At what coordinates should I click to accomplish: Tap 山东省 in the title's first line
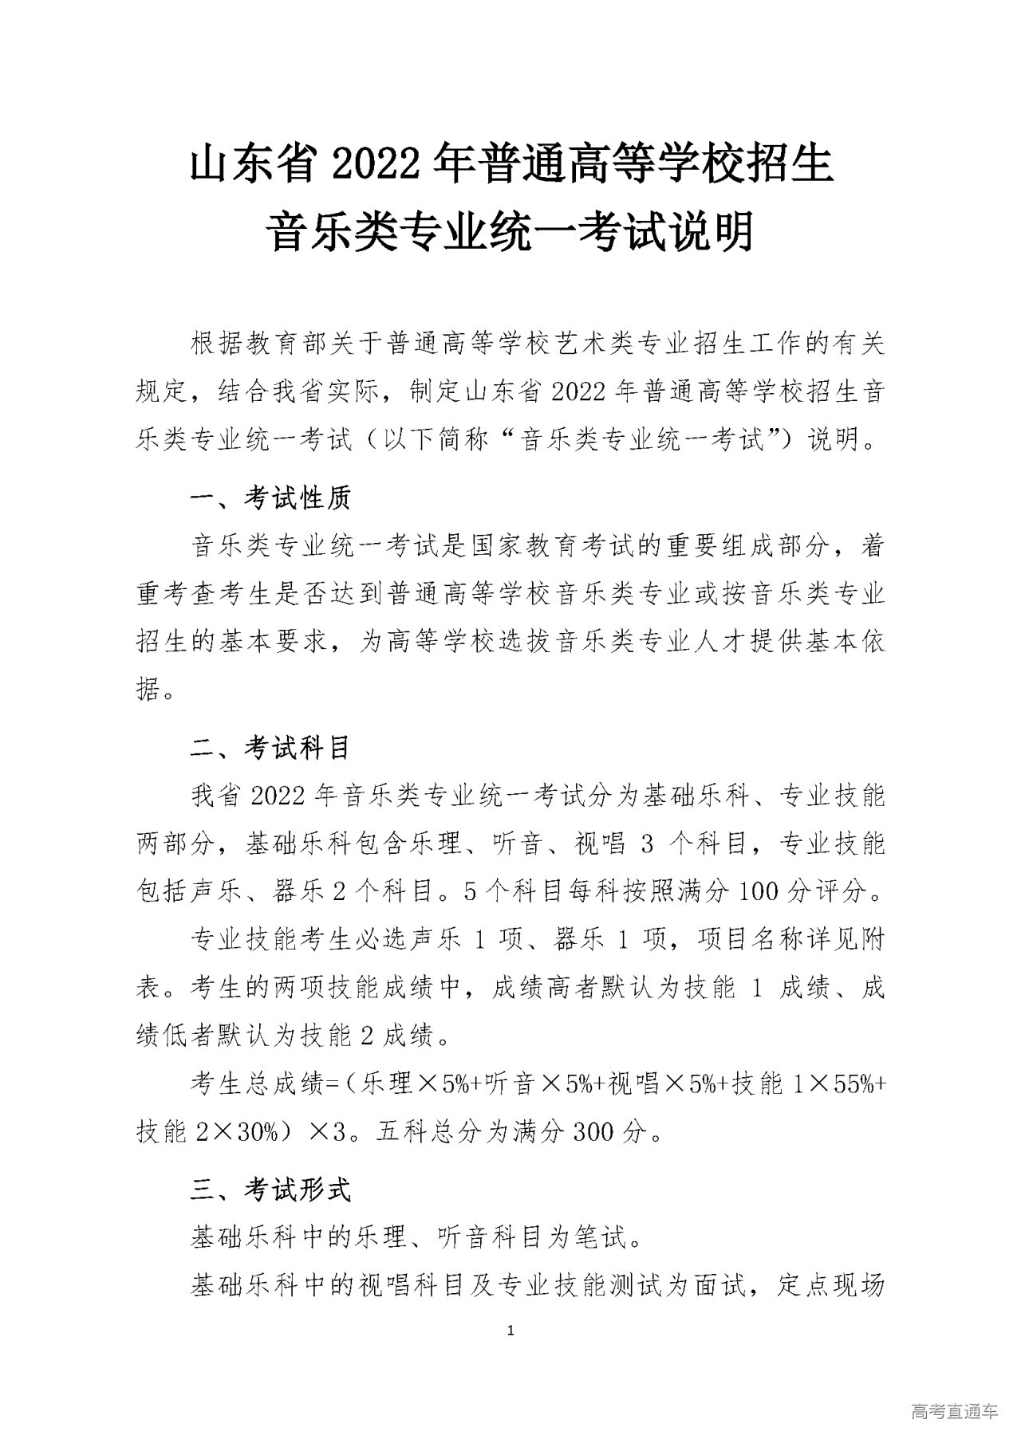coord(251,164)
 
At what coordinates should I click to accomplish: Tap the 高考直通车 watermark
coord(953,1412)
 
